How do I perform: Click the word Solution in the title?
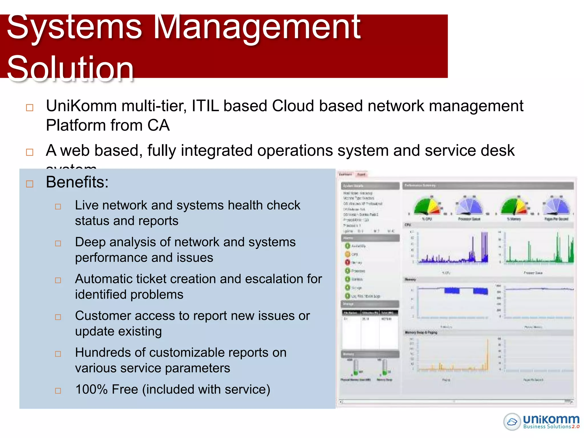(x=70, y=68)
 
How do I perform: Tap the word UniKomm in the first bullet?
(x=81, y=106)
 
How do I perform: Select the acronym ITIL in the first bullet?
(x=205, y=106)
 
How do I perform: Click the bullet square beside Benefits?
(x=30, y=184)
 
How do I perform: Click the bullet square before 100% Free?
(x=58, y=391)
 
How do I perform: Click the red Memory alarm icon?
(x=347, y=262)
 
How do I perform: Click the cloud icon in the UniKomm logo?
(x=512, y=421)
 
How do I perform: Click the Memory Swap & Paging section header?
(x=421, y=332)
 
